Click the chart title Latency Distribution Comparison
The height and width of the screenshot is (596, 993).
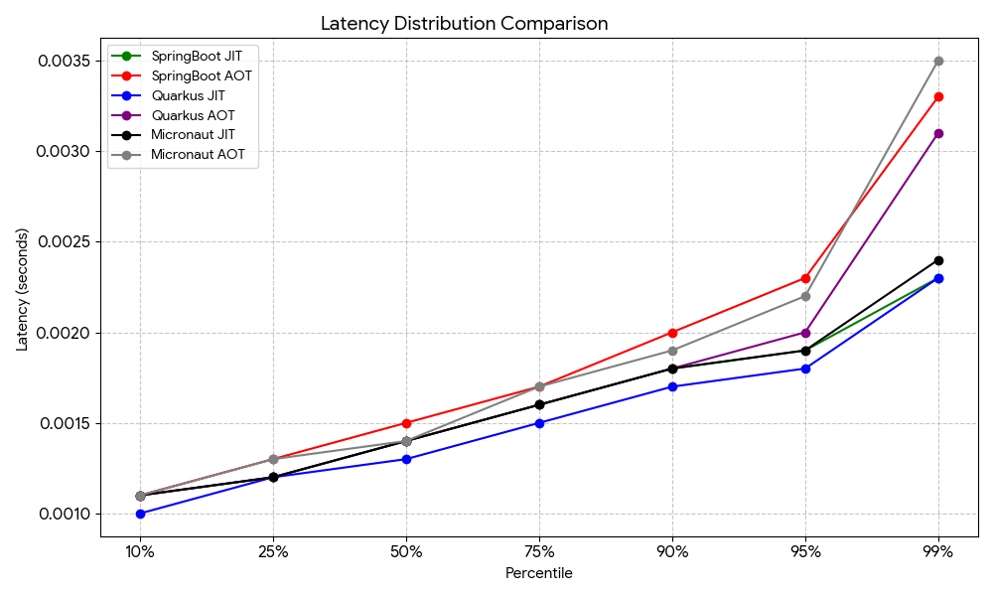[464, 23]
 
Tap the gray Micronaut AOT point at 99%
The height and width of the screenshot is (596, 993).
[938, 61]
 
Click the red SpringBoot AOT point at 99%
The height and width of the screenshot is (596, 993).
[938, 97]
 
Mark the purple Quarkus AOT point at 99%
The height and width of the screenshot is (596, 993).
[938, 133]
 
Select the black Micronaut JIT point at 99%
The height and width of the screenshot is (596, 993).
[938, 260]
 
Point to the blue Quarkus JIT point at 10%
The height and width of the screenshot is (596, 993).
[140, 514]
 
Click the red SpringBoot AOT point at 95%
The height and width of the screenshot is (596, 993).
[805, 278]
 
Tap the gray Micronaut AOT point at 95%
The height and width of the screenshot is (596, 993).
[805, 296]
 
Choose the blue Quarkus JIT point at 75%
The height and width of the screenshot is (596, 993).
[539, 423]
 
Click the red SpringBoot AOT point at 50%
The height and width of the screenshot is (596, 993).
[406, 423]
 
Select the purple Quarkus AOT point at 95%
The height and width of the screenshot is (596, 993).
[805, 333]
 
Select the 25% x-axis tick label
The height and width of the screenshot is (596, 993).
[273, 552]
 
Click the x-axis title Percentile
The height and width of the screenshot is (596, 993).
[539, 573]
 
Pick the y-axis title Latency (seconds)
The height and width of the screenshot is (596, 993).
[22, 289]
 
